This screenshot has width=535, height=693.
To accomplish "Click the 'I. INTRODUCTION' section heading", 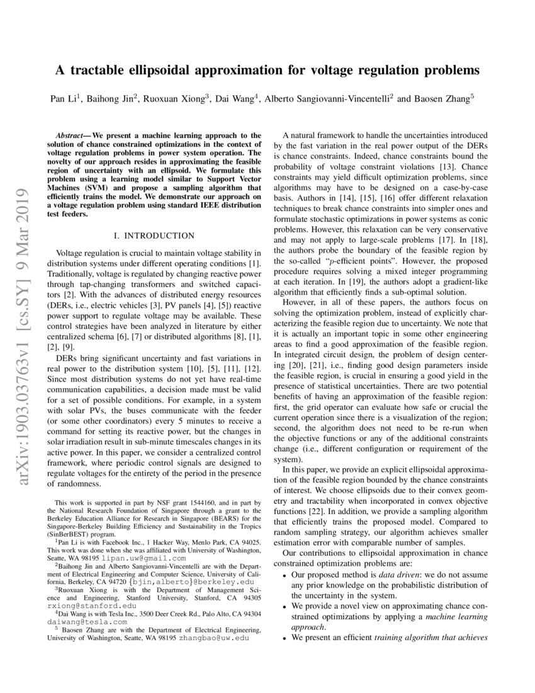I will coord(154,236).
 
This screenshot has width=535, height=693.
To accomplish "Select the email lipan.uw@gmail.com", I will coord(155,558).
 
